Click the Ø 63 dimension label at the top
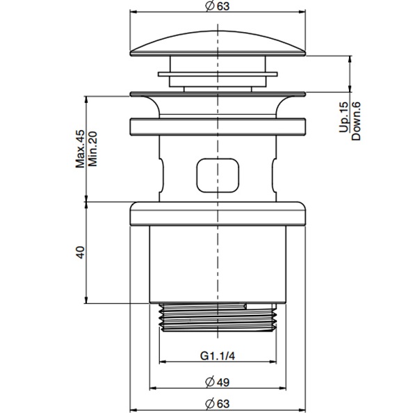[218, 6]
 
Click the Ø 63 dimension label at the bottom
[218, 403]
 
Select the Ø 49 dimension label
[218, 382]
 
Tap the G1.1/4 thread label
[218, 356]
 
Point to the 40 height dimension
[81, 252]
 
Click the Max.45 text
[81, 149]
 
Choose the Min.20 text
[92, 149]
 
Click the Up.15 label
[343, 117]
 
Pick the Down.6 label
[356, 121]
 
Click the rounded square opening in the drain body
[218, 175]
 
